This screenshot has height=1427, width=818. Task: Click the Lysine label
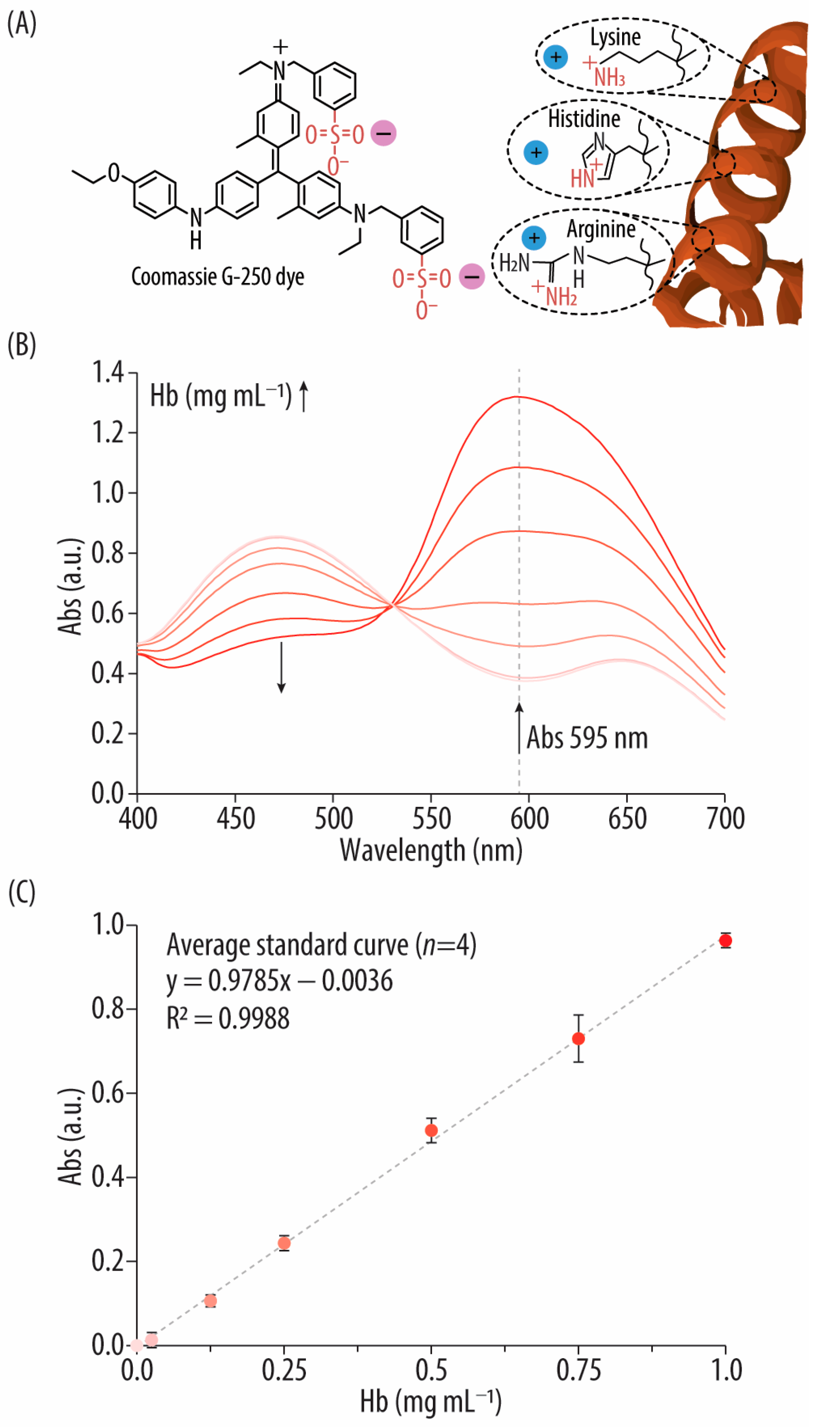click(x=615, y=38)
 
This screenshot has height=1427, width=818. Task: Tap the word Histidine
click(x=584, y=119)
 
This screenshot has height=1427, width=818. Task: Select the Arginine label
click(x=601, y=229)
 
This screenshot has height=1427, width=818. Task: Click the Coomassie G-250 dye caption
click(x=217, y=277)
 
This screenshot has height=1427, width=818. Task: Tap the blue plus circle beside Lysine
click(x=556, y=57)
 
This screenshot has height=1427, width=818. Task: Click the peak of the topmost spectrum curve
click(x=517, y=397)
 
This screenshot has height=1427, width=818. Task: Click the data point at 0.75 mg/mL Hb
click(x=578, y=1039)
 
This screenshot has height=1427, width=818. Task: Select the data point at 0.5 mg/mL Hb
click(x=431, y=1130)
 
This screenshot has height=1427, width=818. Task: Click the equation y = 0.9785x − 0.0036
click(x=279, y=981)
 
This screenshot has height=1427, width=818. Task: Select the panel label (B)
click(x=21, y=344)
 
